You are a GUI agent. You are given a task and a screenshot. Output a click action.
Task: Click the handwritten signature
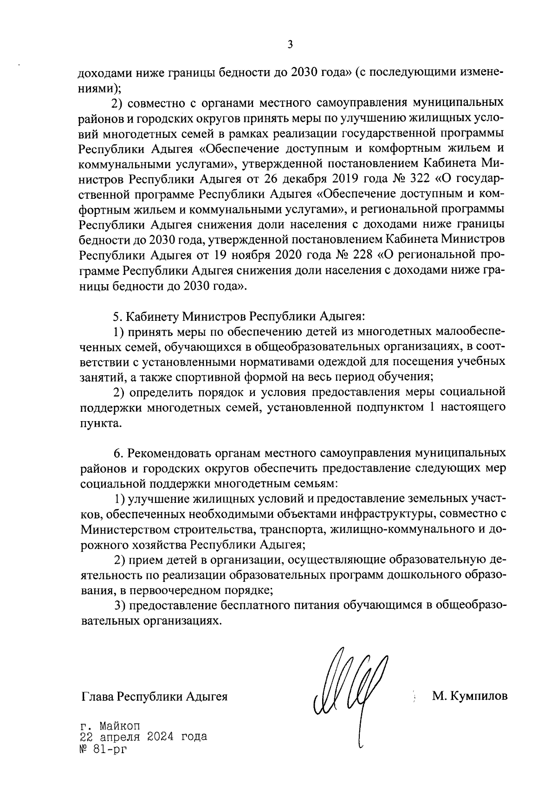coord(350,687)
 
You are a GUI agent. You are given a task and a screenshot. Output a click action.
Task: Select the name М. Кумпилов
coord(469,696)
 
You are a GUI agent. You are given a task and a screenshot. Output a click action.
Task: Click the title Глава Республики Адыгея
coord(155,696)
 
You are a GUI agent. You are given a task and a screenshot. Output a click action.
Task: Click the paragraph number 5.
coord(117,317)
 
